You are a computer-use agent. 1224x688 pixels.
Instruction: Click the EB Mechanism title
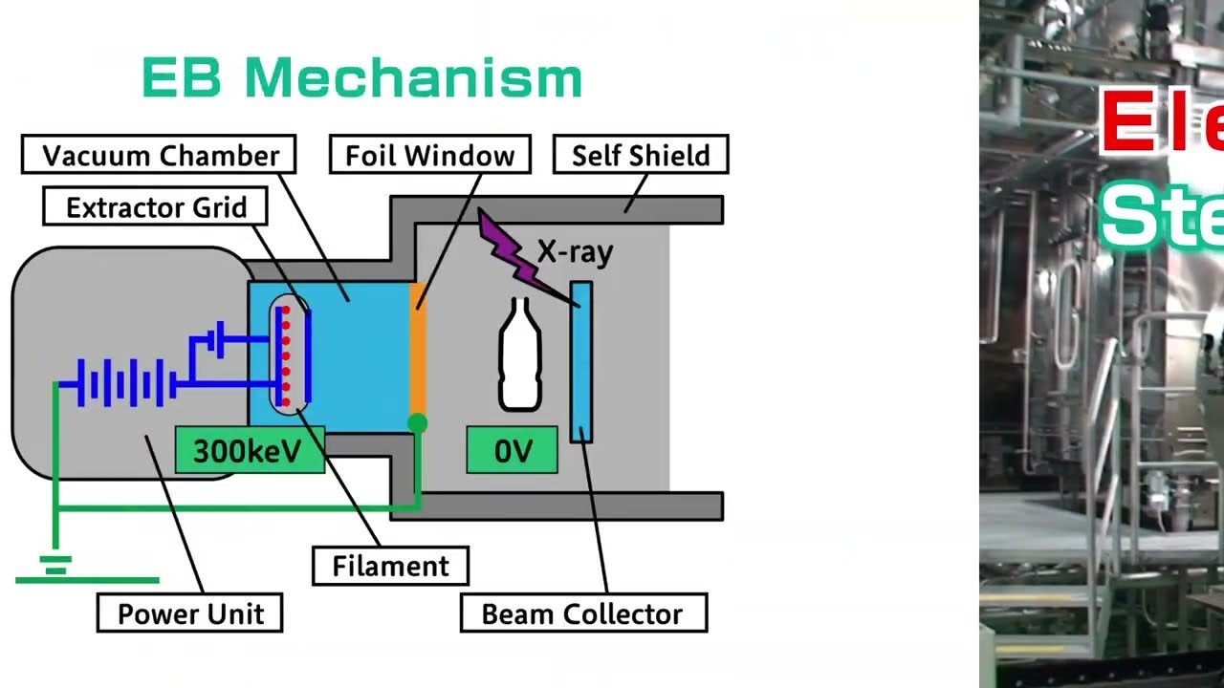point(362,77)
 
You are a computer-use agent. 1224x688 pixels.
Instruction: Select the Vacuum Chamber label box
point(159,155)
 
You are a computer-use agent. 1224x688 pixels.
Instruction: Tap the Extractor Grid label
point(155,207)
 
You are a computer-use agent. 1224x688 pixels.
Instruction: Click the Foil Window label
point(429,155)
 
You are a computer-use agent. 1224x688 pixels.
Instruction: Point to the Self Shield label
point(641,155)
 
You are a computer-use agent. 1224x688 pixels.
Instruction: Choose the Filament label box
point(390,566)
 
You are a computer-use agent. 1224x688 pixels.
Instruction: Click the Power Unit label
point(189,613)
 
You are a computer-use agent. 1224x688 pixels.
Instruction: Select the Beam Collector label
point(582,613)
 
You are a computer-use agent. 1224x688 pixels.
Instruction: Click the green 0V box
point(512,451)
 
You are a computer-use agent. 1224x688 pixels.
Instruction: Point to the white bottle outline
point(520,355)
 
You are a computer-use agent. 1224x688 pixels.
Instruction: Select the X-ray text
point(575,252)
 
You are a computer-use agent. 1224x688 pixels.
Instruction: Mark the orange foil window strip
point(417,349)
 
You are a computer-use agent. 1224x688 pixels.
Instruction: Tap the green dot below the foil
point(417,423)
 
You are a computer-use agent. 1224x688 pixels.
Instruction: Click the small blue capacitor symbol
point(220,338)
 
